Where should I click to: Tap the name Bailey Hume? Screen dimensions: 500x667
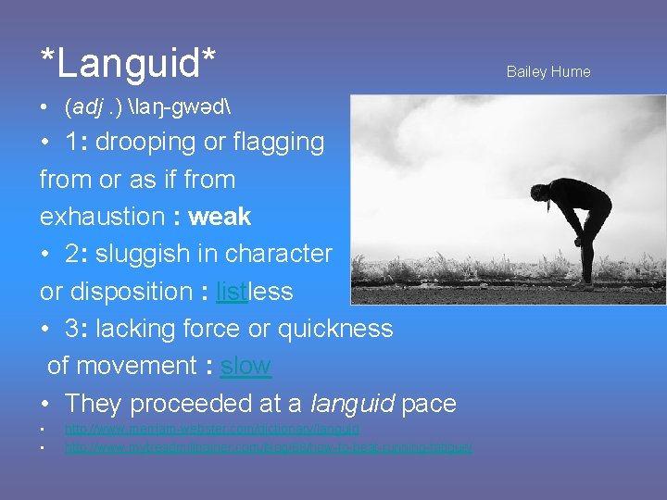point(547,72)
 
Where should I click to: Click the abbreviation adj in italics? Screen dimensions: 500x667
point(82,107)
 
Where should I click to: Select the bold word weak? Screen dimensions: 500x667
point(220,217)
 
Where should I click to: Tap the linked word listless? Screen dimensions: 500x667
point(254,292)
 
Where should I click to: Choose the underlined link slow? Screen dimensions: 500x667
point(245,366)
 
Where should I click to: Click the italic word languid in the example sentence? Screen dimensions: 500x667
point(352,404)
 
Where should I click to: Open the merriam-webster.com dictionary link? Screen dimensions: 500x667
point(212,429)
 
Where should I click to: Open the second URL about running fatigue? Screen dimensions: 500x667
point(268,447)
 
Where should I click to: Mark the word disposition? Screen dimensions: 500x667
point(126,292)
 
